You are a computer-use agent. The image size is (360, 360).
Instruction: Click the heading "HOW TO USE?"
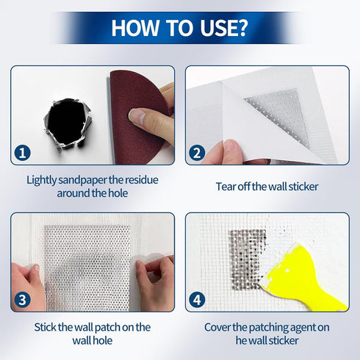click(179, 27)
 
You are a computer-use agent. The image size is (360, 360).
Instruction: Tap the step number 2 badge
click(196, 154)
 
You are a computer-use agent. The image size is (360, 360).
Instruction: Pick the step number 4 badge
click(196, 300)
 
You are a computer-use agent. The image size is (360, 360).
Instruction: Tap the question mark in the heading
click(240, 27)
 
